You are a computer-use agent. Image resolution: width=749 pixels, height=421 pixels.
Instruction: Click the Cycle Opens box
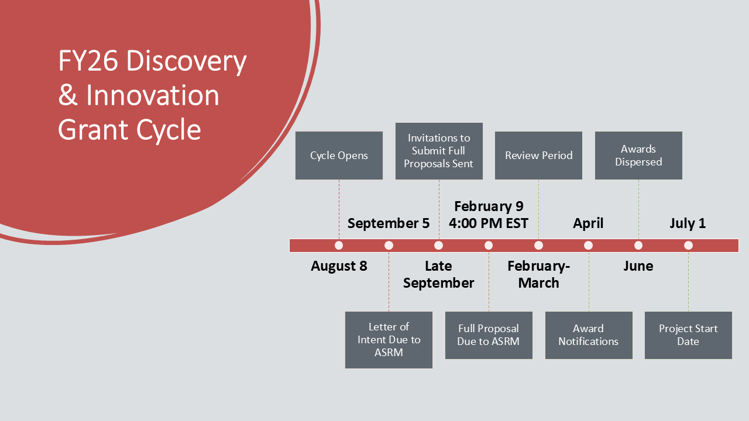click(x=339, y=156)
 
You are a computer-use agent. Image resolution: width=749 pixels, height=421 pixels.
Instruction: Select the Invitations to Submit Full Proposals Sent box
click(x=439, y=151)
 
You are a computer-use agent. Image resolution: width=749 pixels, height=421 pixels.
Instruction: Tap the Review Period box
click(x=538, y=156)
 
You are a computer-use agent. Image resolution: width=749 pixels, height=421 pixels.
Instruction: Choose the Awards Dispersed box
click(x=638, y=156)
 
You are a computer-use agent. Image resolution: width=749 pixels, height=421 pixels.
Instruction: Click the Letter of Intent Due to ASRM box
click(x=389, y=340)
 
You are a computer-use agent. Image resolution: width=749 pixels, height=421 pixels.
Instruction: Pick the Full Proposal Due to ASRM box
click(x=489, y=335)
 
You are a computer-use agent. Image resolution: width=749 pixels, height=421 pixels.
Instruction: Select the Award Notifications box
click(x=589, y=335)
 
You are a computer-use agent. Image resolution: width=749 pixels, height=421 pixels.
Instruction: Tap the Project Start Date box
click(x=688, y=335)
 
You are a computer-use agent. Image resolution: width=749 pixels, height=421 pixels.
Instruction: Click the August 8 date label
click(x=339, y=266)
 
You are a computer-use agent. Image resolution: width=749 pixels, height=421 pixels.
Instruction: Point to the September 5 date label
click(x=388, y=223)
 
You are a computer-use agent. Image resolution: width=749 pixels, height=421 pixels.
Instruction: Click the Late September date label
click(x=438, y=274)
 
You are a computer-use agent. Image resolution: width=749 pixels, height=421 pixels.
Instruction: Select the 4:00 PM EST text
click(x=489, y=223)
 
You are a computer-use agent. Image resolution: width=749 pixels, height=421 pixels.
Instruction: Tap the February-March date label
click(x=538, y=274)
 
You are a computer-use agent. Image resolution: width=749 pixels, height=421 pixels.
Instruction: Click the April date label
click(x=588, y=223)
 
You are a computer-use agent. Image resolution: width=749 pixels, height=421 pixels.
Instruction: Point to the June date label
click(x=638, y=266)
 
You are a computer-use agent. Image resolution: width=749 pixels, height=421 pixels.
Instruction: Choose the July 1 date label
click(x=688, y=223)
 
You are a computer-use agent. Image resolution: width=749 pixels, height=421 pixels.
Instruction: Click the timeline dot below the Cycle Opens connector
click(x=339, y=246)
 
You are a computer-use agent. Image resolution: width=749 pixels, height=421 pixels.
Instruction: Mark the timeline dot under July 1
click(x=688, y=246)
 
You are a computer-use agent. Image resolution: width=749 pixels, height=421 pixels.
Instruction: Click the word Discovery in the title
click(x=186, y=61)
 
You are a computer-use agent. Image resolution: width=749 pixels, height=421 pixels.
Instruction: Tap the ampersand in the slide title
click(x=68, y=95)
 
